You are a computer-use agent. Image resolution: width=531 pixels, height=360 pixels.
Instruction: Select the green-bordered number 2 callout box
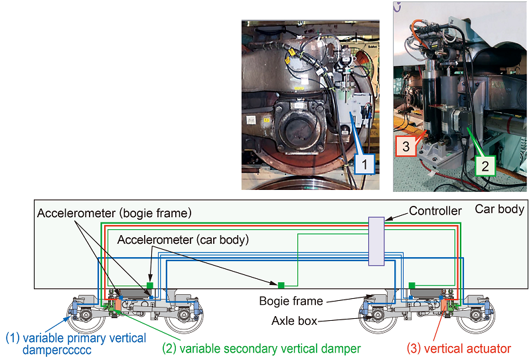(485, 164)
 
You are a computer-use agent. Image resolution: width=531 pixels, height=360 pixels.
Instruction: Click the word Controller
(435, 211)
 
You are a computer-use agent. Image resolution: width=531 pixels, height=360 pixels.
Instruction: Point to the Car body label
(499, 209)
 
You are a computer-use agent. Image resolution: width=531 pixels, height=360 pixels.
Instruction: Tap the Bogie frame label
(291, 301)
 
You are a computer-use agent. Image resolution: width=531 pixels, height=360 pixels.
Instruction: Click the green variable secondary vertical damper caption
(261, 348)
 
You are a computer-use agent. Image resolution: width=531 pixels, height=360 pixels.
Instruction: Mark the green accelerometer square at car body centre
(281, 284)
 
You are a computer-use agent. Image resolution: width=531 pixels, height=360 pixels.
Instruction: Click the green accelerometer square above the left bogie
(150, 285)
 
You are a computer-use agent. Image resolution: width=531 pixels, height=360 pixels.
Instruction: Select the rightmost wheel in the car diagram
(473, 317)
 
